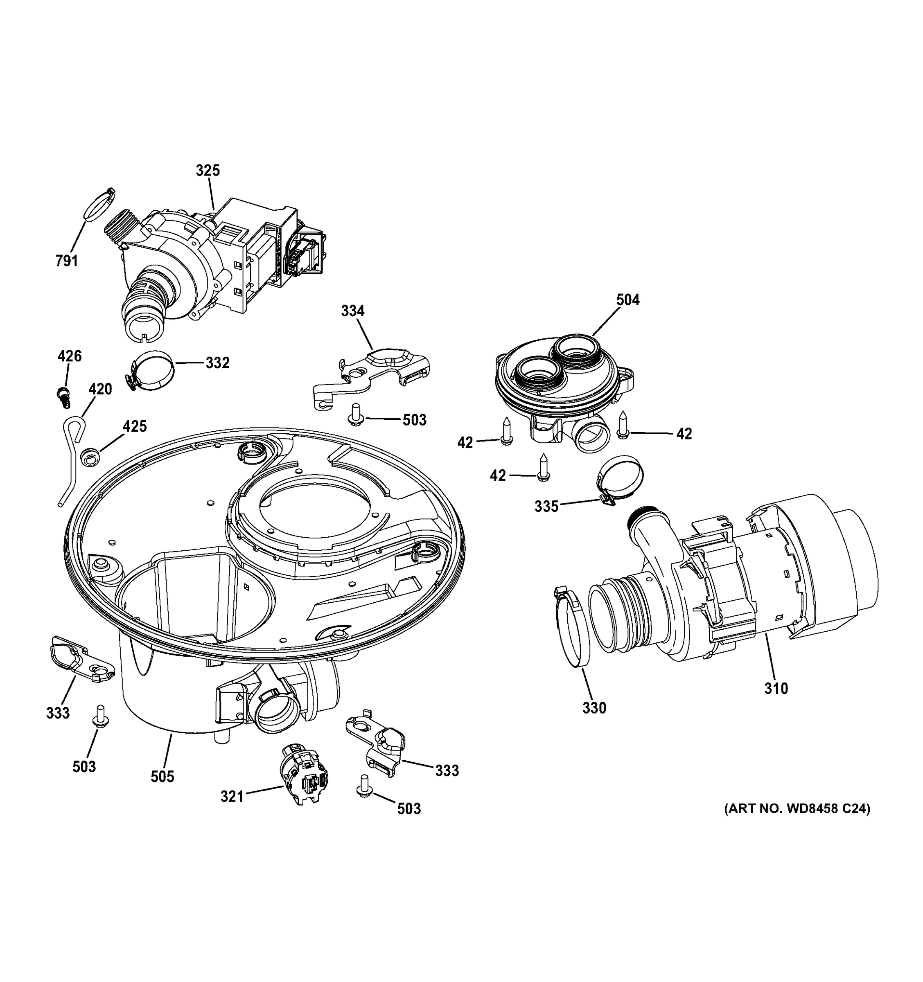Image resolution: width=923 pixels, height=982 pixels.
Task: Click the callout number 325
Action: click(207, 170)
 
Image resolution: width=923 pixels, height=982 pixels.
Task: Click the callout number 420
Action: click(100, 389)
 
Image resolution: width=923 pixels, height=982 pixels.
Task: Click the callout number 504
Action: click(627, 300)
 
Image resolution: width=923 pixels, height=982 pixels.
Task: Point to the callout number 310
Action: click(776, 688)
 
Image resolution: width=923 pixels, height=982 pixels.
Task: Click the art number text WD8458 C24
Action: click(797, 822)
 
